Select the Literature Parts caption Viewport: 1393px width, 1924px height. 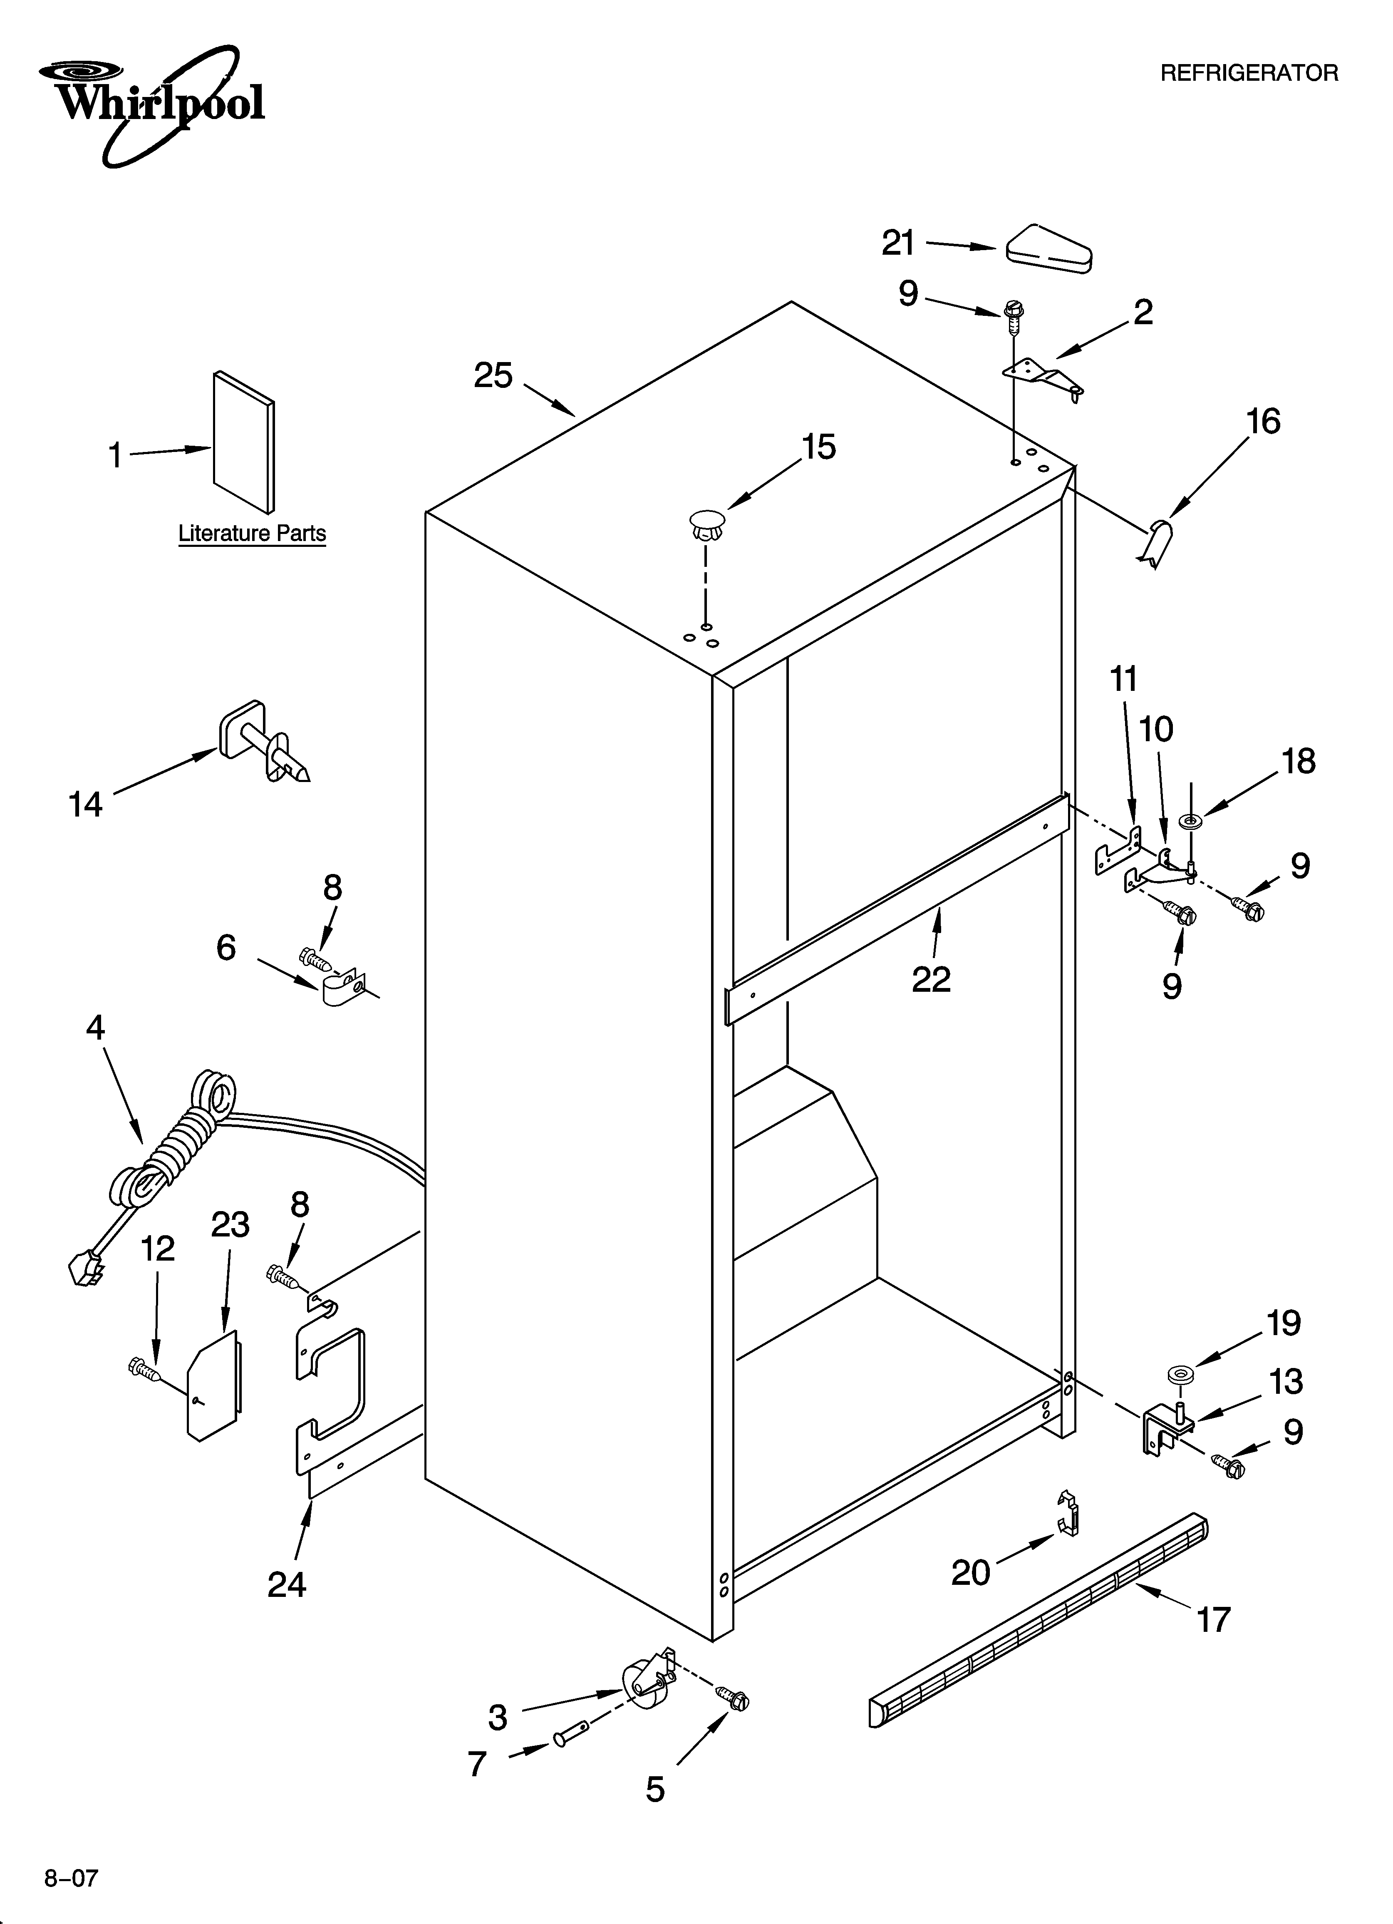tap(252, 534)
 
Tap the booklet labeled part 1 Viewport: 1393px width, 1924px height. tap(243, 442)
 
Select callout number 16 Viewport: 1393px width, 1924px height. tap(1263, 422)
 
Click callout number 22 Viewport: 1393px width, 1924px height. tap(931, 980)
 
